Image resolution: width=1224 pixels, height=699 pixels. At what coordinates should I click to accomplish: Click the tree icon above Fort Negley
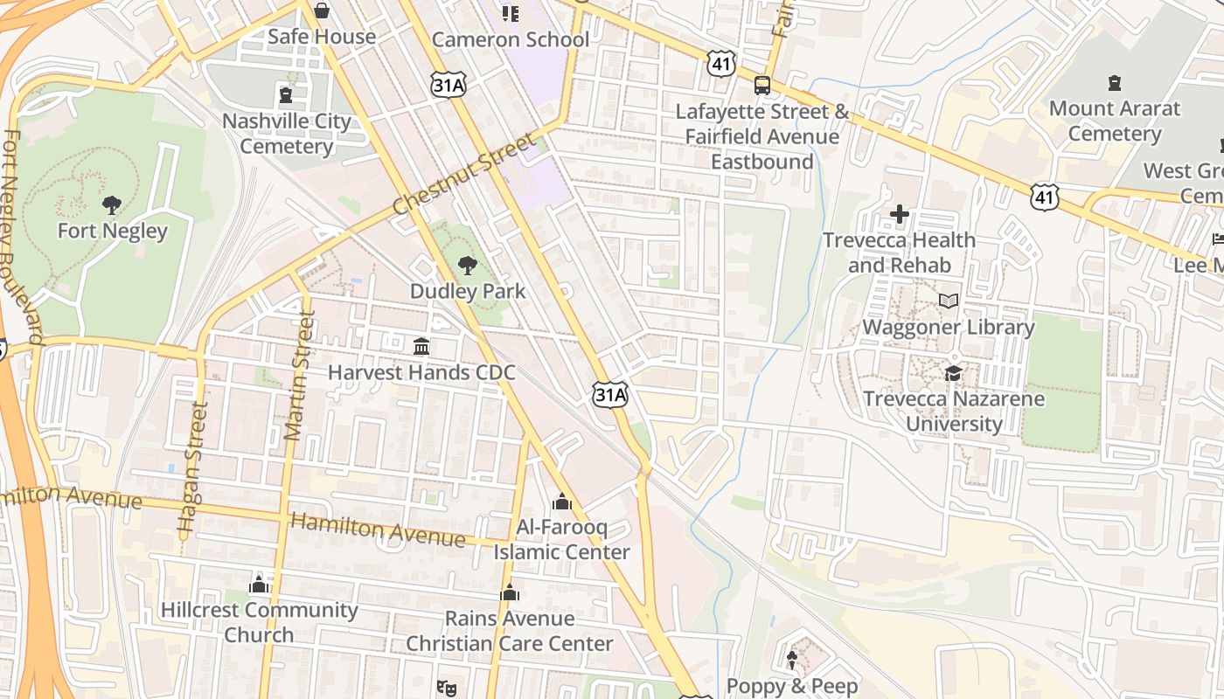tap(111, 205)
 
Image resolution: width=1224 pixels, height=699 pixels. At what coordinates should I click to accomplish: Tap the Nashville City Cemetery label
tap(286, 134)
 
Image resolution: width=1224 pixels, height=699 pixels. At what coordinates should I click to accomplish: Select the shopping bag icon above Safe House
tap(322, 10)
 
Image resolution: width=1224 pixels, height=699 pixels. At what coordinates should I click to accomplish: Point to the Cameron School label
tap(511, 39)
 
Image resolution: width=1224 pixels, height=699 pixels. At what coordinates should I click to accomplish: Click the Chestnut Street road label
tap(462, 175)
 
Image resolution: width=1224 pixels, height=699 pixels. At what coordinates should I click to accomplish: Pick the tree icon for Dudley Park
tap(468, 266)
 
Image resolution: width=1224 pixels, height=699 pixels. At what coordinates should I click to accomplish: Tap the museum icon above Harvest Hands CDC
tap(421, 347)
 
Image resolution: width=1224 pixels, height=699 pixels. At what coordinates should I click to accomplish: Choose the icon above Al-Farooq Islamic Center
tap(561, 502)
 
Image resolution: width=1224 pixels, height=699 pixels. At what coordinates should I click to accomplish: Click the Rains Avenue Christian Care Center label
tap(510, 631)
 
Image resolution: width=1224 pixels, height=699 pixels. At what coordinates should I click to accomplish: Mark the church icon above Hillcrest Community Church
tap(259, 584)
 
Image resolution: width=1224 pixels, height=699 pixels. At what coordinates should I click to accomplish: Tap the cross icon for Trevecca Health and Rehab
tap(899, 214)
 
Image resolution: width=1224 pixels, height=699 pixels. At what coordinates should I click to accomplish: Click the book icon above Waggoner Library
tap(949, 301)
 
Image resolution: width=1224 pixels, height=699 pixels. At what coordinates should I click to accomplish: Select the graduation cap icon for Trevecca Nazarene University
tap(953, 373)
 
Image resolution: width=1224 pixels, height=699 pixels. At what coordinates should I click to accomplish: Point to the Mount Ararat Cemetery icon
tap(1115, 83)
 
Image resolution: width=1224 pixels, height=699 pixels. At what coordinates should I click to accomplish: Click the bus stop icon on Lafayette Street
tap(762, 86)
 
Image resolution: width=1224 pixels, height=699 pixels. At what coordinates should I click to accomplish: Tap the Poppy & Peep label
tap(792, 686)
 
